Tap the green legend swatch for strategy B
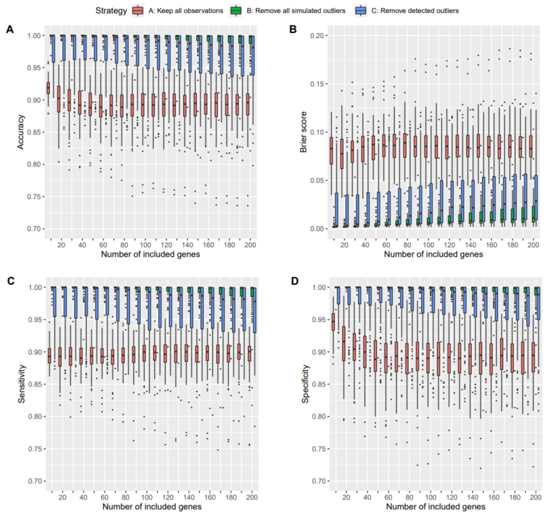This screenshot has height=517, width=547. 236,11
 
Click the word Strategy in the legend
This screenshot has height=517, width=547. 111,11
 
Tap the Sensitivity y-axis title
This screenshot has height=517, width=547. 21,384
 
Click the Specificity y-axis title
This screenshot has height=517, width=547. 305,384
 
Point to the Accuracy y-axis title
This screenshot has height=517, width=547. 21,132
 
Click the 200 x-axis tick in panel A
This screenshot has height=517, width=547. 250,245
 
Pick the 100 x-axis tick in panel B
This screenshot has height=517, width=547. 428,245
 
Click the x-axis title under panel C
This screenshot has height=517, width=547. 152,506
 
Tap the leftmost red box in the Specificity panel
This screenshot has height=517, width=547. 333,322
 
